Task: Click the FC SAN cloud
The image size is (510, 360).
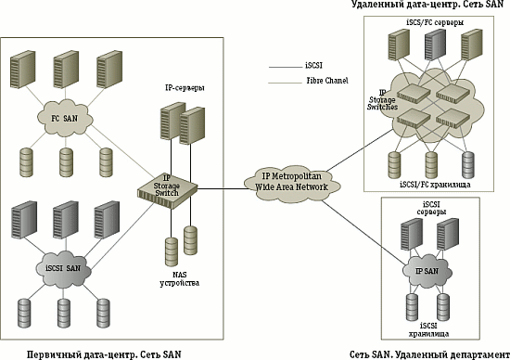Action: [x=65, y=118]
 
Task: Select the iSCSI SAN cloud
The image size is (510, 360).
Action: [x=63, y=269]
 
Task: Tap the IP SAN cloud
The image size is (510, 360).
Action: [x=427, y=271]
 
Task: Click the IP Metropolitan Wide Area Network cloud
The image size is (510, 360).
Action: [x=292, y=183]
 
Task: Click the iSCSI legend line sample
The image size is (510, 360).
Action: [x=286, y=68]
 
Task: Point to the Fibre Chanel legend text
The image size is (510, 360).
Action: [x=327, y=80]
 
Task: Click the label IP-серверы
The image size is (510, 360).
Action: [x=185, y=88]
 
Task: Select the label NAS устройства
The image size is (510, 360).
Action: [x=180, y=278]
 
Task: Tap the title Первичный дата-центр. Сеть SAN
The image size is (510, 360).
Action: [x=104, y=354]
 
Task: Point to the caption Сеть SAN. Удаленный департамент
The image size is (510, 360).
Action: [x=429, y=354]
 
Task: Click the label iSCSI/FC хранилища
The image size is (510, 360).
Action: [x=435, y=185]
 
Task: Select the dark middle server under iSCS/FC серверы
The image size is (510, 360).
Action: [x=435, y=45]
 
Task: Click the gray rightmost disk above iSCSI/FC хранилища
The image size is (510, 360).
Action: [x=468, y=165]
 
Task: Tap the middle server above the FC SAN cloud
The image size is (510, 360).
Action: [x=66, y=70]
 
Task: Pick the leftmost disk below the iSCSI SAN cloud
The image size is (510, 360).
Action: [x=24, y=313]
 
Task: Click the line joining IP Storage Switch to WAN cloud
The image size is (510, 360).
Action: [x=223, y=188]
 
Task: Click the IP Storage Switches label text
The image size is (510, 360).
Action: [x=382, y=100]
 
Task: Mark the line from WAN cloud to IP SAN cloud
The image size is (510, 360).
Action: [x=363, y=232]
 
